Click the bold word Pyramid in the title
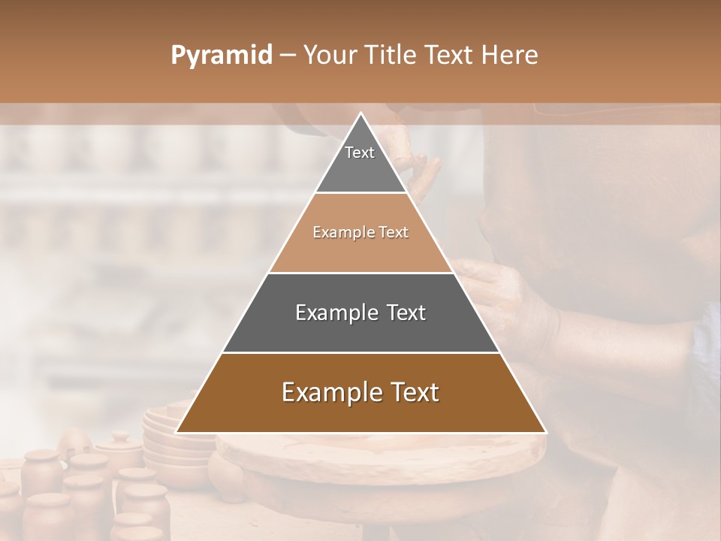coord(222,56)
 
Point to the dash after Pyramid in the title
coord(288,56)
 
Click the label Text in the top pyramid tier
coord(360,153)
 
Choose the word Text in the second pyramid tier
coord(394,233)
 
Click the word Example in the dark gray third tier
coord(335,313)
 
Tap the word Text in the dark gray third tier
coord(406,313)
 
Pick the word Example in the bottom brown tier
coord(330,392)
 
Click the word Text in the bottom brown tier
coord(413,392)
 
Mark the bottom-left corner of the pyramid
coord(176,433)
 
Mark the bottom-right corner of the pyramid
coord(546,433)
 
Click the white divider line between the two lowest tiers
coord(361,352)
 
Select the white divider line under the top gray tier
coord(361,193)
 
